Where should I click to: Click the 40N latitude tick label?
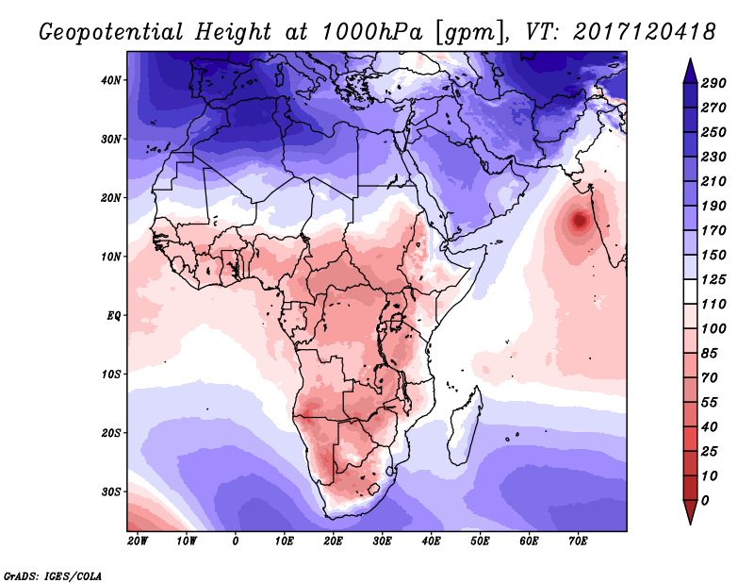tap(111, 80)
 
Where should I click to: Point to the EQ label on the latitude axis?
tap(113, 315)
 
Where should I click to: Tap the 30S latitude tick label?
tap(111, 491)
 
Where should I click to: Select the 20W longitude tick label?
tap(137, 541)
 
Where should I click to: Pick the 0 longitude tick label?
tap(236, 541)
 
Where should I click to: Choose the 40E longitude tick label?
tap(431, 541)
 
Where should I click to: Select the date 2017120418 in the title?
tap(641, 31)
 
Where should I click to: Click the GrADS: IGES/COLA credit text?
tap(52, 575)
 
